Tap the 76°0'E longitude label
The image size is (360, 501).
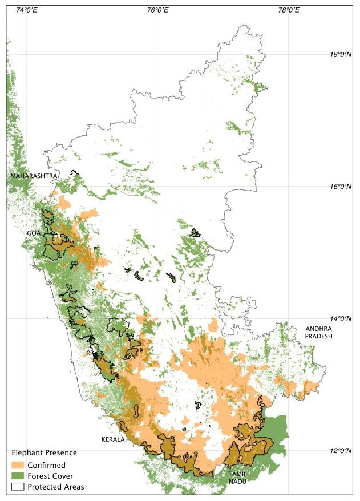[157, 9]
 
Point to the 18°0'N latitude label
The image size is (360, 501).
[342, 55]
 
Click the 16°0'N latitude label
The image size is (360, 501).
[342, 187]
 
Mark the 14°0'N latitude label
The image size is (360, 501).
[342, 318]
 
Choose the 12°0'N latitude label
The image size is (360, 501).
[342, 451]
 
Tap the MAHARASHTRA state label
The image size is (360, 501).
[34, 176]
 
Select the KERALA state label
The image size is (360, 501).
[113, 440]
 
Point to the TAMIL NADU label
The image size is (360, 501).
[237, 478]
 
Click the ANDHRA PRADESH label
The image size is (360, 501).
[318, 333]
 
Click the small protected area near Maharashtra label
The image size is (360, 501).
[74, 173]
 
